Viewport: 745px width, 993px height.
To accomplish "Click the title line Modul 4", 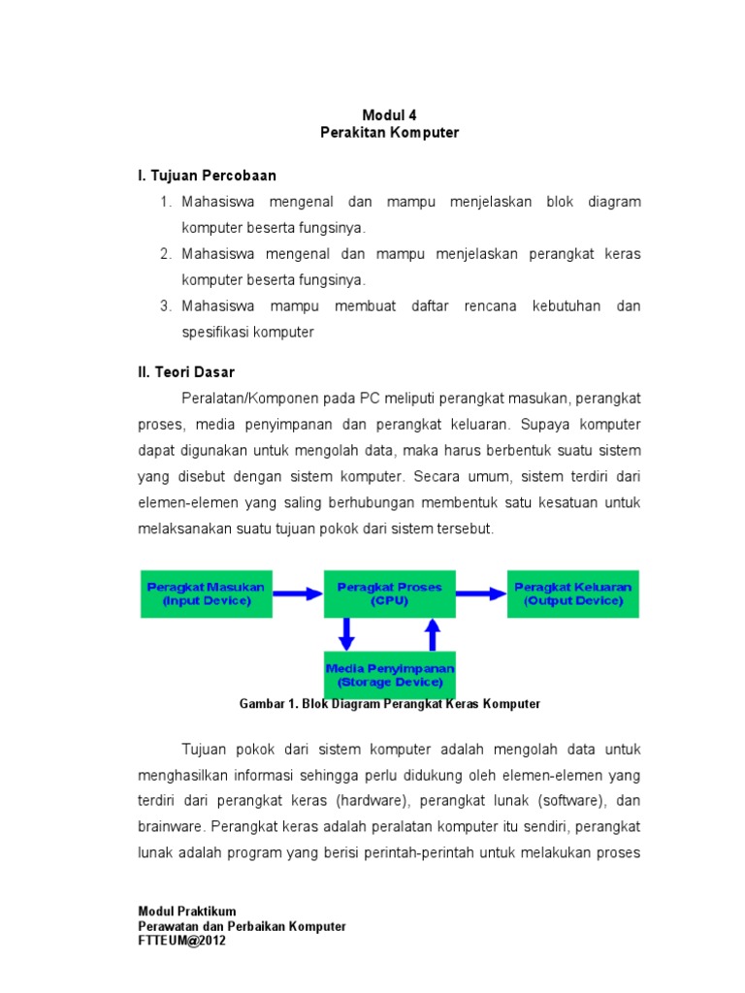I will [389, 114].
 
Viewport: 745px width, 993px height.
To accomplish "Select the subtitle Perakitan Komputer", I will [389, 132].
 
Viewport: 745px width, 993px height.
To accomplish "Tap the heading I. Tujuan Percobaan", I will [207, 176].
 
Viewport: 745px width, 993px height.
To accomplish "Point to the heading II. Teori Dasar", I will [185, 372].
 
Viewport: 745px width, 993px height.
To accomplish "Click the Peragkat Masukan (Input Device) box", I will [206, 593].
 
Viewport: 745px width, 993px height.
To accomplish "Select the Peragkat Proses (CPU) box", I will [389, 593].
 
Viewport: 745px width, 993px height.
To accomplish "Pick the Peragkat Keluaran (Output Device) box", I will [572, 593].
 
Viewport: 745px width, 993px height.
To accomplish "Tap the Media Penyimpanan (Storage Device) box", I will [389, 675].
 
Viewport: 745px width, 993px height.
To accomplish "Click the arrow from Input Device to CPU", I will [297, 593].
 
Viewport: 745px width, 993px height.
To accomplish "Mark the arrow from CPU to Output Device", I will [480, 593].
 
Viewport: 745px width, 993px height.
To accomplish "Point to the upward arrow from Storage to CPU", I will [433, 634].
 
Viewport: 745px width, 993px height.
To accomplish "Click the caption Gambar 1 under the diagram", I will [389, 704].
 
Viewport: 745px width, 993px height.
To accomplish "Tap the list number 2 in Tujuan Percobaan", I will [166, 254].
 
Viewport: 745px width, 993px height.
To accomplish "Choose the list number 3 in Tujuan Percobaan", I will [166, 306].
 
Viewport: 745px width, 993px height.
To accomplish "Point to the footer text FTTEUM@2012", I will [182, 941].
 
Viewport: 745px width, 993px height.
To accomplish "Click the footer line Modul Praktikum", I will [187, 912].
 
